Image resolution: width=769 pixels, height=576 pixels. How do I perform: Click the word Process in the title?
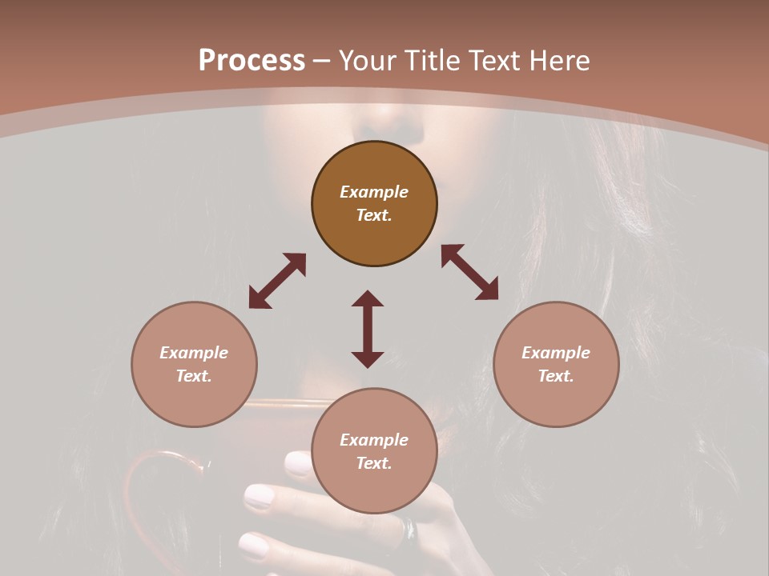(252, 61)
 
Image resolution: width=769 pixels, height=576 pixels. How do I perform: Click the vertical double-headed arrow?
(368, 329)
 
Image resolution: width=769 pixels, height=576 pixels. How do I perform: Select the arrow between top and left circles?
(277, 281)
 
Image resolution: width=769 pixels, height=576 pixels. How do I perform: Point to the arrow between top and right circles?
(470, 272)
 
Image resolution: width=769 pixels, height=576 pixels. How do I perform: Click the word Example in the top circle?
(374, 192)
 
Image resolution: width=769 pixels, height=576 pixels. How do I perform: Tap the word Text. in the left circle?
(194, 376)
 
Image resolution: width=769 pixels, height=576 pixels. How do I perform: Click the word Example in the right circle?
(555, 353)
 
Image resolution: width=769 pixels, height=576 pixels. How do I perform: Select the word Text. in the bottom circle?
(374, 463)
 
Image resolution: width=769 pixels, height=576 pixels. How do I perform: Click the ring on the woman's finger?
(409, 528)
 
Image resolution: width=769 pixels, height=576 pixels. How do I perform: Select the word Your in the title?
(366, 61)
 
